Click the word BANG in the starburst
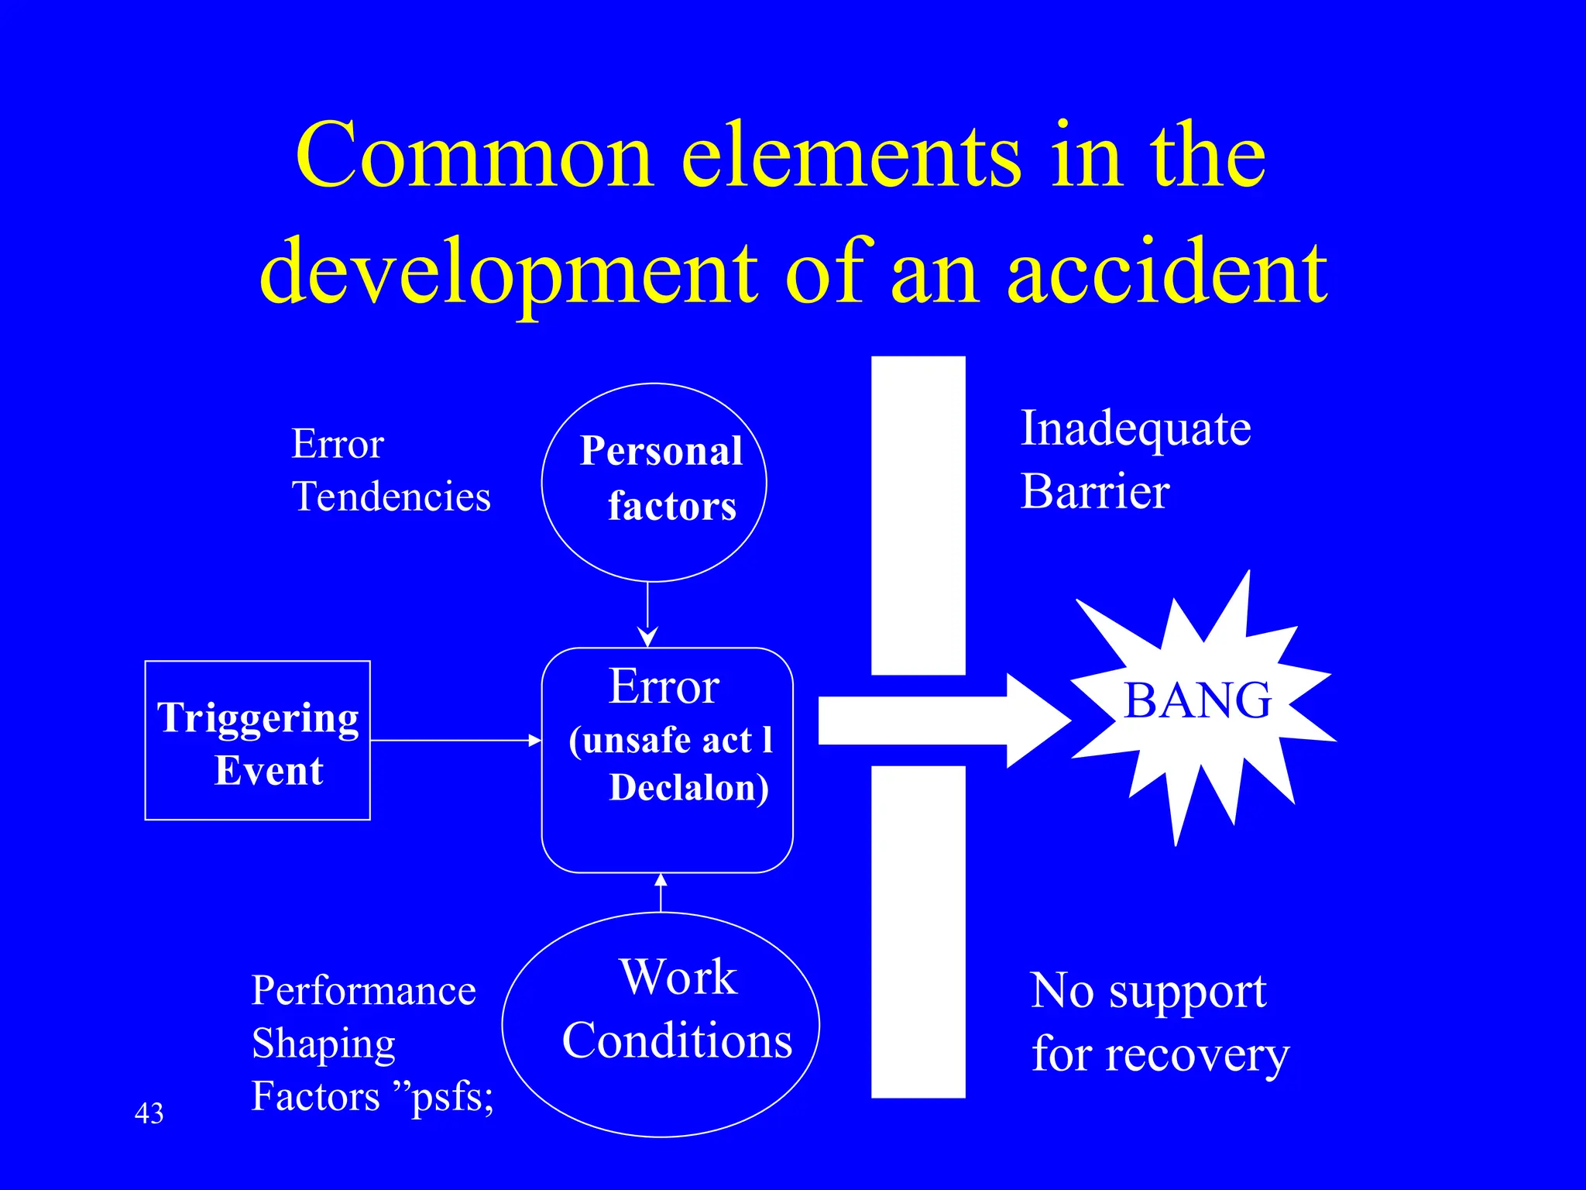[x=1196, y=700]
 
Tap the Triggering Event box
[x=257, y=741]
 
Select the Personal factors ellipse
[x=654, y=482]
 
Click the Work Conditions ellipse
[x=661, y=1024]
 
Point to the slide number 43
[x=149, y=1113]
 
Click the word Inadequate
[x=1135, y=428]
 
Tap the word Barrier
[x=1094, y=492]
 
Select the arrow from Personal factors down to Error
[x=647, y=615]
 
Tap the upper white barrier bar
[x=918, y=515]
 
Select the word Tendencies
[x=391, y=497]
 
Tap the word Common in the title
[x=475, y=156]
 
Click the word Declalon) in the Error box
[x=688, y=788]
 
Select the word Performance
[x=363, y=991]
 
